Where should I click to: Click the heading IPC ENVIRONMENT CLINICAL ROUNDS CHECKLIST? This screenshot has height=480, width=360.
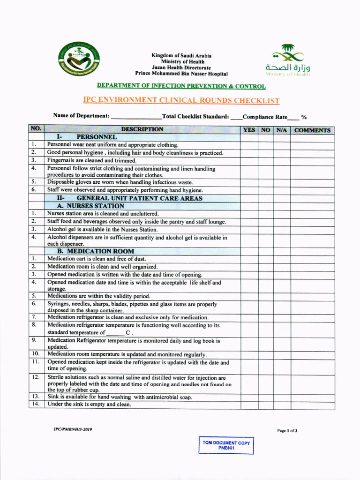click(x=181, y=100)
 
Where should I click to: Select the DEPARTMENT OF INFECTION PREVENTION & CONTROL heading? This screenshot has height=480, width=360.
click(x=181, y=86)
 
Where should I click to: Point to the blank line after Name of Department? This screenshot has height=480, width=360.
click(x=136, y=116)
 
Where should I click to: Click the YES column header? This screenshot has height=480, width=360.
click(x=249, y=130)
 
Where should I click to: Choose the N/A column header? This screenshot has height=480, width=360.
click(x=282, y=130)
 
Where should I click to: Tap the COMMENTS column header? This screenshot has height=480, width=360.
click(x=312, y=130)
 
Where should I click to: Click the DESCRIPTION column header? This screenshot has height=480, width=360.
click(x=142, y=129)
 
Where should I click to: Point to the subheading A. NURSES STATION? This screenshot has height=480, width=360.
click(x=90, y=205)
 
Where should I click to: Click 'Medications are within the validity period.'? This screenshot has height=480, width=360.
click(x=99, y=296)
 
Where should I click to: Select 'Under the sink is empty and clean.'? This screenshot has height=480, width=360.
click(x=89, y=404)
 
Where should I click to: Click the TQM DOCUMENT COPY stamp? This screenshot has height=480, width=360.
click(x=226, y=445)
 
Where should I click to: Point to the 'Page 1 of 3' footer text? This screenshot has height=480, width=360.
click(x=287, y=430)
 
